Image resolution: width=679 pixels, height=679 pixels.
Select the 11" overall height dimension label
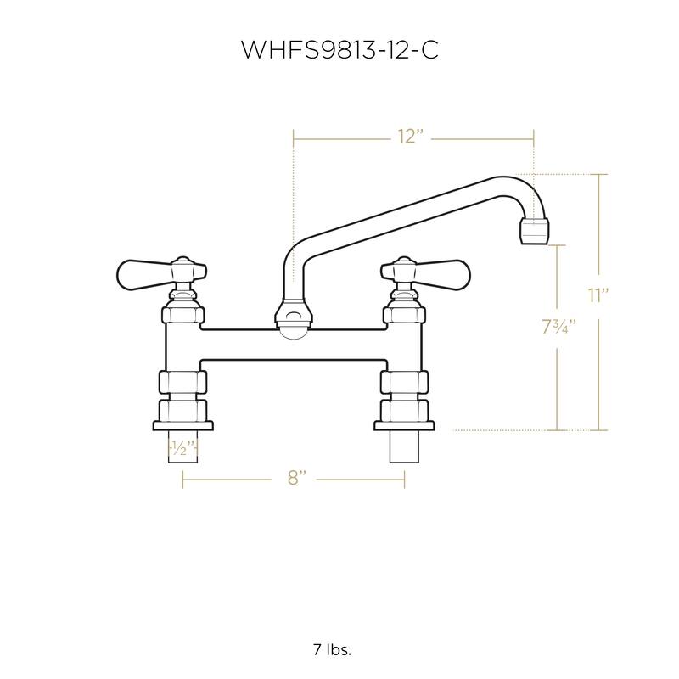(x=599, y=295)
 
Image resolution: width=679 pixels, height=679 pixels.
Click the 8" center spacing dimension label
(x=295, y=479)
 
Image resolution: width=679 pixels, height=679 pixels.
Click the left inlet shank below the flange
(x=183, y=447)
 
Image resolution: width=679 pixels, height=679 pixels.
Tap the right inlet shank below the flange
(x=405, y=447)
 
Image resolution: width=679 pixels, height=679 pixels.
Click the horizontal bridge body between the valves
(x=293, y=343)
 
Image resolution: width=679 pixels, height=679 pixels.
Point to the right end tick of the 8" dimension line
(x=405, y=480)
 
